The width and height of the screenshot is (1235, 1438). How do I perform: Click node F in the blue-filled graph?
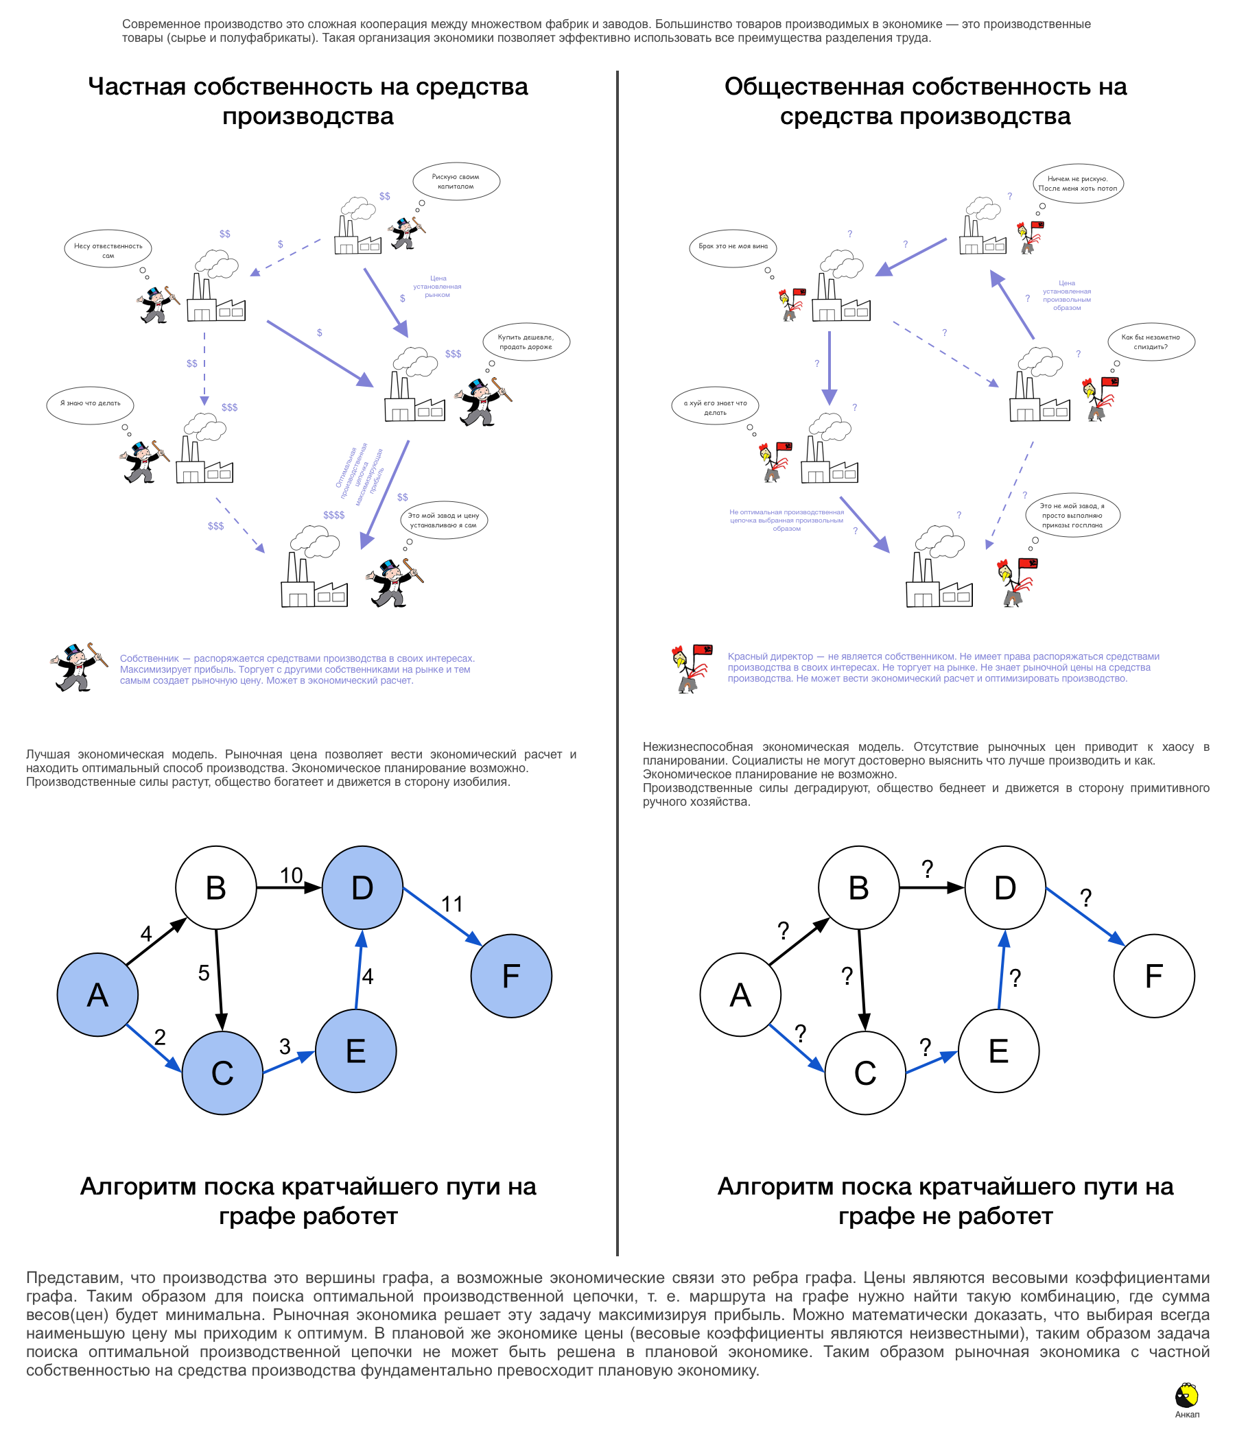pyautogui.click(x=511, y=976)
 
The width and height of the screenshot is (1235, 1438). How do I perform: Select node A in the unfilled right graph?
pyautogui.click(x=740, y=994)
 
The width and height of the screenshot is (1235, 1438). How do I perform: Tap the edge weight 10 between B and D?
pyautogui.click(x=291, y=875)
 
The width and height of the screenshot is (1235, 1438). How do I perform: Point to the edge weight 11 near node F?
pyautogui.click(x=452, y=904)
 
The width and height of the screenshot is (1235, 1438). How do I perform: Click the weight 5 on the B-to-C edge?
pyautogui.click(x=203, y=972)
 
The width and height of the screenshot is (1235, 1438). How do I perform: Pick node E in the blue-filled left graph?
pyautogui.click(x=355, y=1051)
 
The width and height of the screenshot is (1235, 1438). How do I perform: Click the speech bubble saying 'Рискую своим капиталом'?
pyautogui.click(x=456, y=181)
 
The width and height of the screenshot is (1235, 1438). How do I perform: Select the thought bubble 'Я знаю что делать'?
pyautogui.click(x=91, y=404)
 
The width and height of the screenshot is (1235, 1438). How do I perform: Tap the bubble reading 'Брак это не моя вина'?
pyautogui.click(x=733, y=246)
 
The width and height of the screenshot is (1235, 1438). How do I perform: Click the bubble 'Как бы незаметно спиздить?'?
pyautogui.click(x=1151, y=341)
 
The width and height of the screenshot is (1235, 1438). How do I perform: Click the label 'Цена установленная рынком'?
pyautogui.click(x=437, y=287)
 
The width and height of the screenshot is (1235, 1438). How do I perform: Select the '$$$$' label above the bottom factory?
pyautogui.click(x=333, y=515)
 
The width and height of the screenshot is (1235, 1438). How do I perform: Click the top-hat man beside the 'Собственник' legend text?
pyautogui.click(x=78, y=668)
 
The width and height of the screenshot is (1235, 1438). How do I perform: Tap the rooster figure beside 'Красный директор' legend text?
pyautogui.click(x=691, y=668)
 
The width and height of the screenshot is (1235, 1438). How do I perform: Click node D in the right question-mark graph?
pyautogui.click(x=1004, y=887)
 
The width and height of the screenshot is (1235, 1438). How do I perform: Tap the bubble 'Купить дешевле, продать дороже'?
pyautogui.click(x=526, y=341)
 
